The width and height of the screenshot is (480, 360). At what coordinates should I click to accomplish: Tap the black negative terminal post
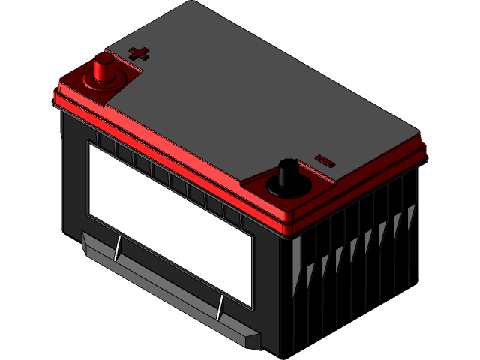(x=286, y=174)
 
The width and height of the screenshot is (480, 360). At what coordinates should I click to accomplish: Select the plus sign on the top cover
(x=139, y=52)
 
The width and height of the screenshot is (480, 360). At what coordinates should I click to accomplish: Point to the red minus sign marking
(x=324, y=160)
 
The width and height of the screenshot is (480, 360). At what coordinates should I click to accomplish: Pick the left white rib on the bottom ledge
(x=117, y=248)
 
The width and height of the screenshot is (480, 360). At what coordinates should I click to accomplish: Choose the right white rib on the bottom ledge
(x=220, y=307)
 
